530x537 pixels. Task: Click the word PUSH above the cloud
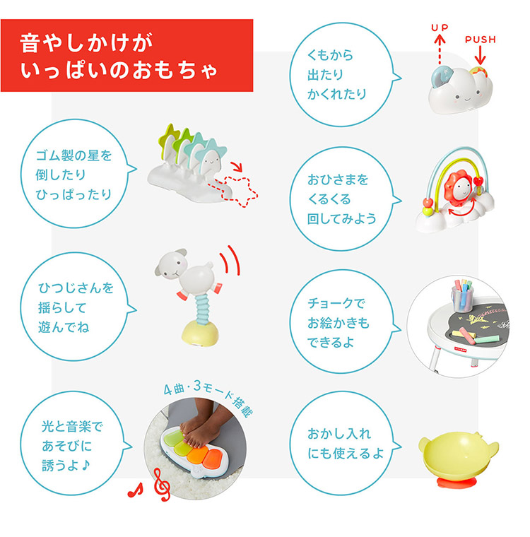point(481,40)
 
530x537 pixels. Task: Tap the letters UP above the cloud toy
point(440,28)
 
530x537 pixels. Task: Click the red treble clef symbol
point(162,485)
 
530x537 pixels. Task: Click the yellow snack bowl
point(458,452)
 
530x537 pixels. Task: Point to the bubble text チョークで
point(337,304)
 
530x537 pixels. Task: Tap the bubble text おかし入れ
point(338,433)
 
